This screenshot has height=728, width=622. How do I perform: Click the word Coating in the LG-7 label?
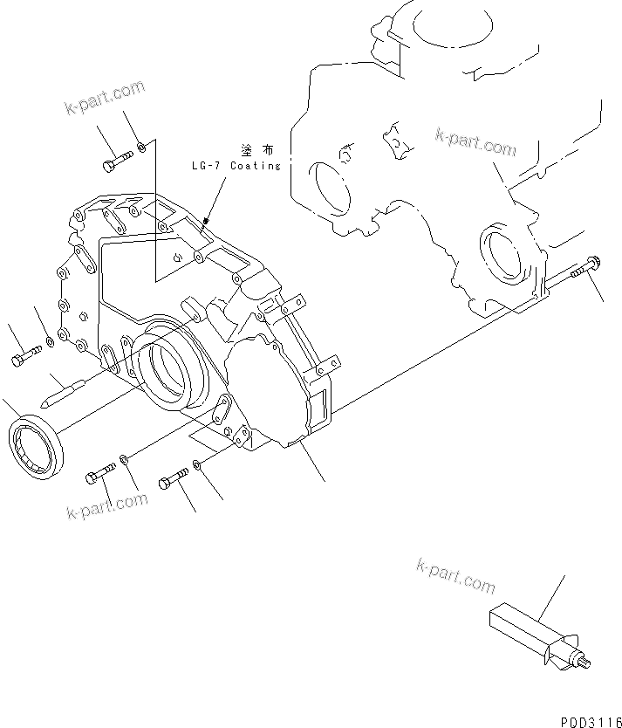(x=256, y=166)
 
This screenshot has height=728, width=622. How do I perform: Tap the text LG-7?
(x=207, y=166)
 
